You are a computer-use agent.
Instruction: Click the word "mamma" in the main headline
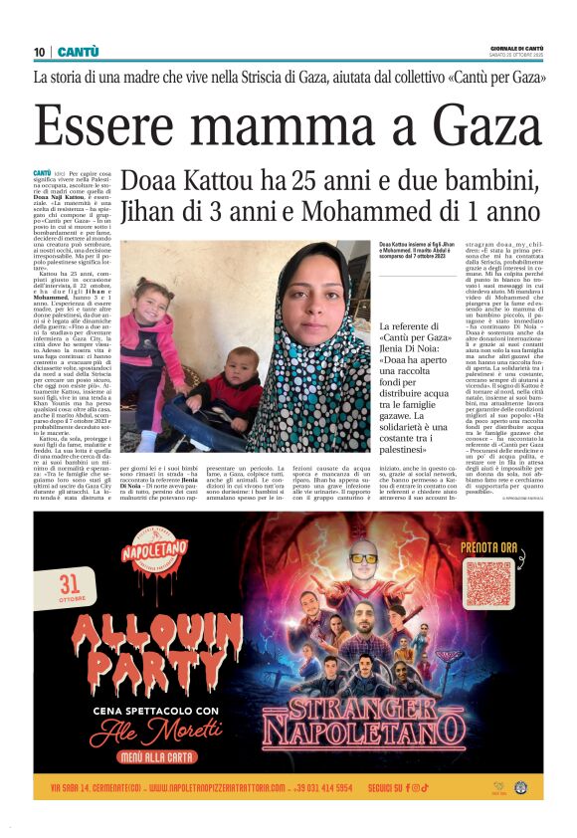tap(293, 124)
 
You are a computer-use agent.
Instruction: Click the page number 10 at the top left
tap(40, 52)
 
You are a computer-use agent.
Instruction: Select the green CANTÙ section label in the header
tap(78, 52)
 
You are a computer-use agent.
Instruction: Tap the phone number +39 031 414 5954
tap(336, 788)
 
